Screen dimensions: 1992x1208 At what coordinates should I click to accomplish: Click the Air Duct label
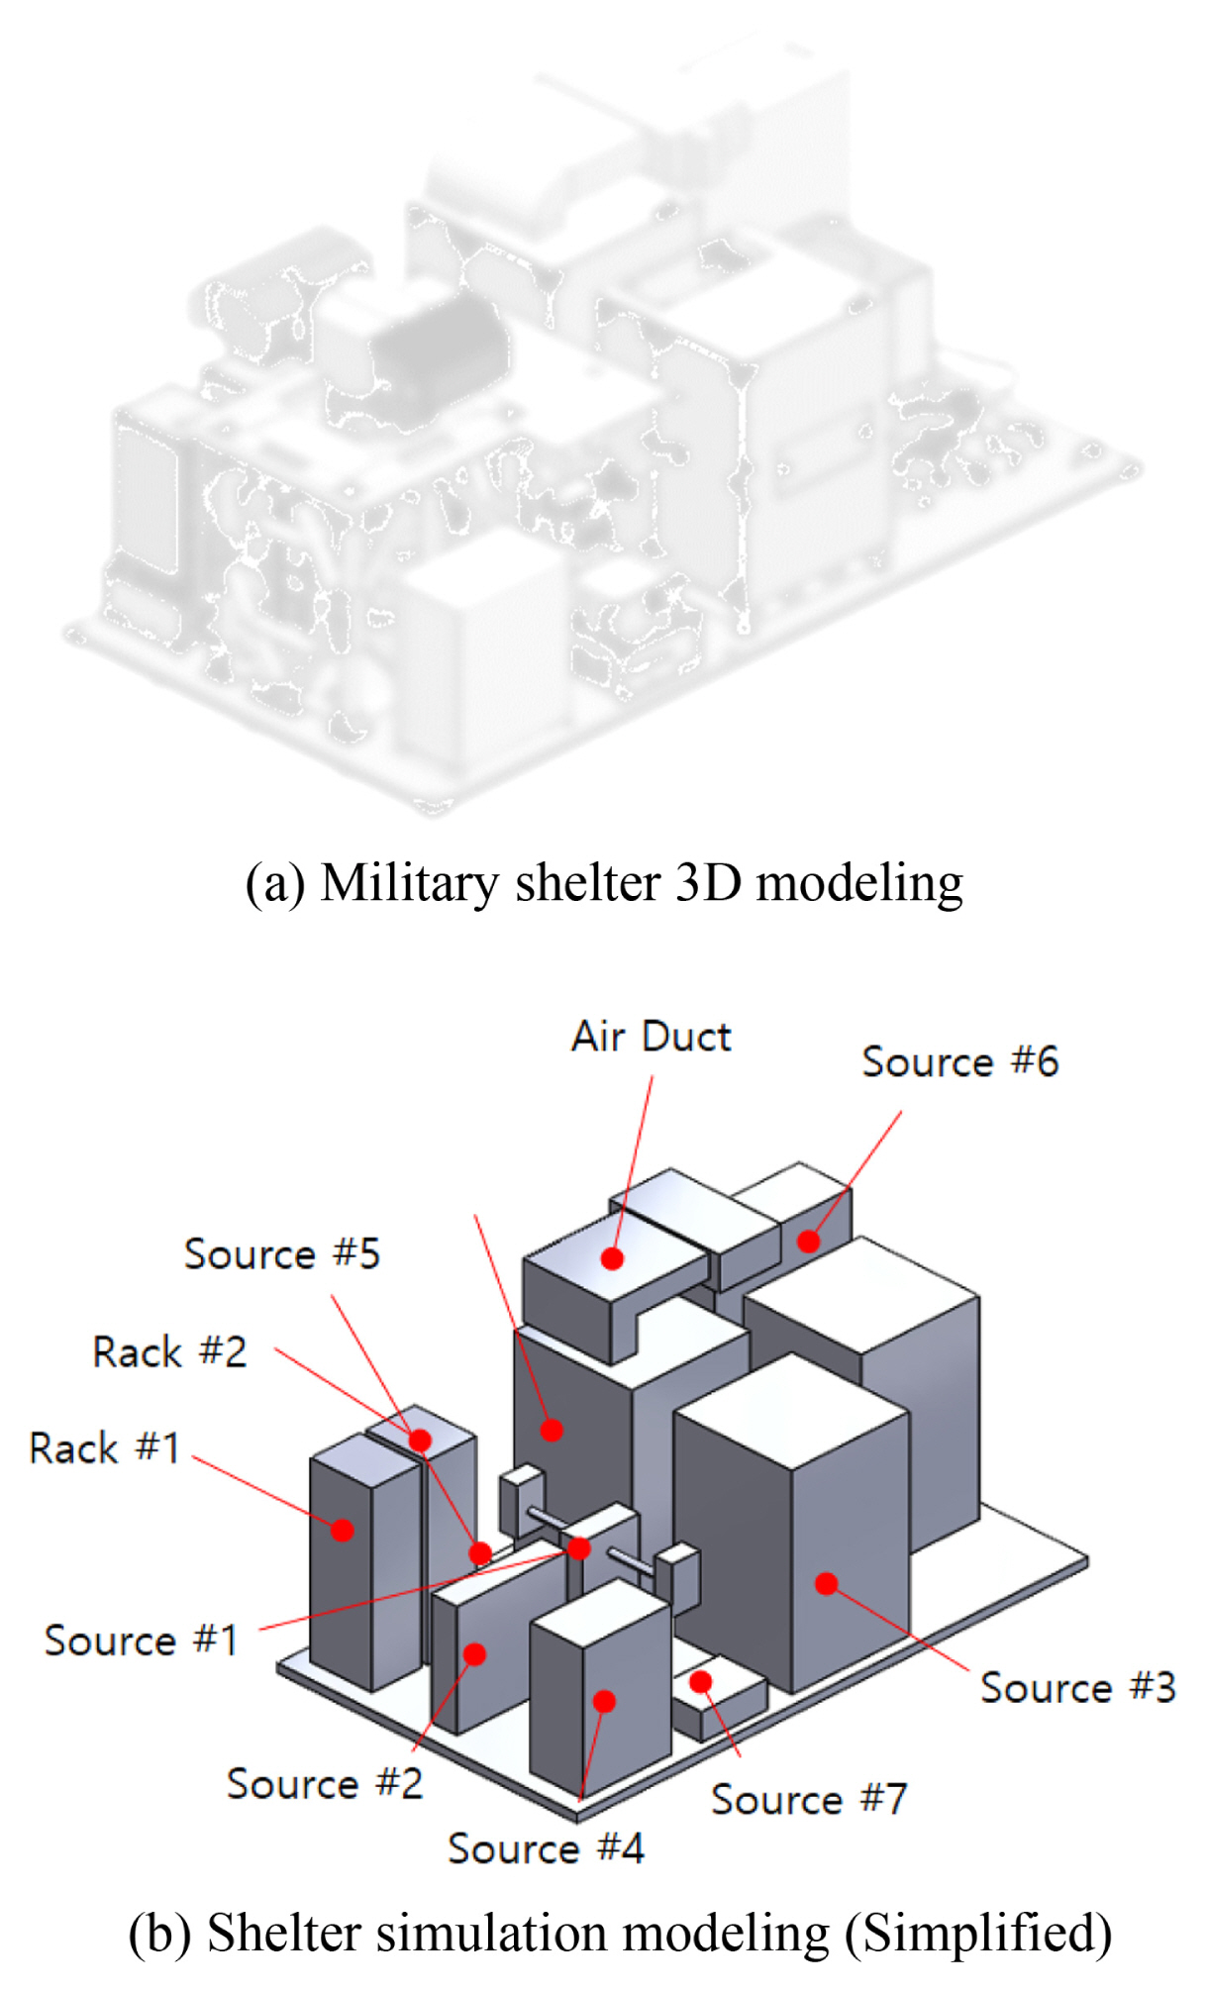click(651, 1037)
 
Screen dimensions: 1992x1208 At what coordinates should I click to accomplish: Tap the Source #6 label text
click(959, 1061)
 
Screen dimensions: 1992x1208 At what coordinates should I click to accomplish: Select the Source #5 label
click(282, 1253)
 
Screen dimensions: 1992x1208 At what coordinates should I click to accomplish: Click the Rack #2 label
click(169, 1351)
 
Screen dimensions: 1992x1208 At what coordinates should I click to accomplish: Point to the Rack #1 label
click(105, 1447)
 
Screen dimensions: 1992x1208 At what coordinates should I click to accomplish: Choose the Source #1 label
click(141, 1640)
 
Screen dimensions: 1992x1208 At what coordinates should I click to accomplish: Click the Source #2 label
click(325, 1783)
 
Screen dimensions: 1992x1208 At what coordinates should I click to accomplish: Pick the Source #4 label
click(546, 1848)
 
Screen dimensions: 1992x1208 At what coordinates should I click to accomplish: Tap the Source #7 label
click(809, 1799)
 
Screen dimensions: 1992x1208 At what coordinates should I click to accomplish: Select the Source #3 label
click(1077, 1687)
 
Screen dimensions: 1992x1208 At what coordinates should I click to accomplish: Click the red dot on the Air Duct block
click(612, 1258)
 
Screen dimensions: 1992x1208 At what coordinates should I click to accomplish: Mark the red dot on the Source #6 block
click(809, 1241)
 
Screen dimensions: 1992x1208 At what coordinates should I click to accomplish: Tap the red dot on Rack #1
click(343, 1530)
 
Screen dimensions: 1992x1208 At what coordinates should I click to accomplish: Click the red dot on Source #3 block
click(826, 1583)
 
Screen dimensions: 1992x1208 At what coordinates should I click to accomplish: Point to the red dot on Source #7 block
click(701, 1681)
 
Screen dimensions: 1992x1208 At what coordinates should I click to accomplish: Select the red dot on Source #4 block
click(604, 1701)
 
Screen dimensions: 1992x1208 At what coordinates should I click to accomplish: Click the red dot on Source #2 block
click(474, 1653)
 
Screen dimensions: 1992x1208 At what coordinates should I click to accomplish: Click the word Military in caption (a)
click(409, 882)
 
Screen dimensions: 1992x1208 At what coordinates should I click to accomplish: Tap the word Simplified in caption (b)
click(977, 1933)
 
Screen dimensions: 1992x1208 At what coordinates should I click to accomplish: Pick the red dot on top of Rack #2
click(420, 1440)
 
